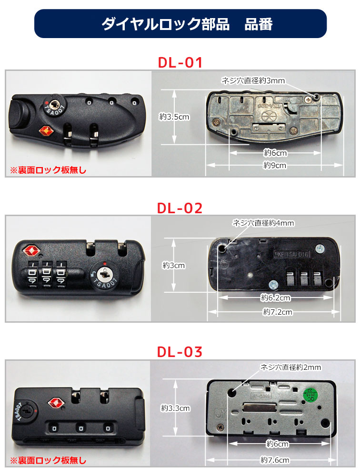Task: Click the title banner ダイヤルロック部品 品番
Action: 180,24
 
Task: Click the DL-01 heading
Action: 180,62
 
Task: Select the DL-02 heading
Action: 180,208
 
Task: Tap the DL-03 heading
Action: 180,352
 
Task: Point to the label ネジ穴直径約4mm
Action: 263,223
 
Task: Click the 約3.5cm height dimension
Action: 174,116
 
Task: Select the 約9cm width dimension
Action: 275,165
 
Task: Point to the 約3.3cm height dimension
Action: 175,408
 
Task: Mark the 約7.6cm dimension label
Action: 275,460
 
